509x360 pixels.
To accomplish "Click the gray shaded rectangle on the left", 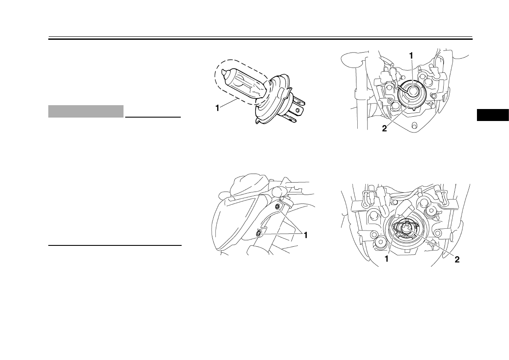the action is coord(86,111).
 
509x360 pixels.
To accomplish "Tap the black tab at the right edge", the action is coord(493,115).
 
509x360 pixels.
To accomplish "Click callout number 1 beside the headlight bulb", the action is coord(217,109).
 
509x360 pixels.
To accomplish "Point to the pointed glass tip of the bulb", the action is coord(224,73).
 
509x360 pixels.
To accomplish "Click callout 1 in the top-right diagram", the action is coord(411,56).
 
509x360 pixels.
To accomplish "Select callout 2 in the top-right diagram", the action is coord(385,129).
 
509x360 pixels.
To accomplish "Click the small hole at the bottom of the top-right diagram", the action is coord(414,125).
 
